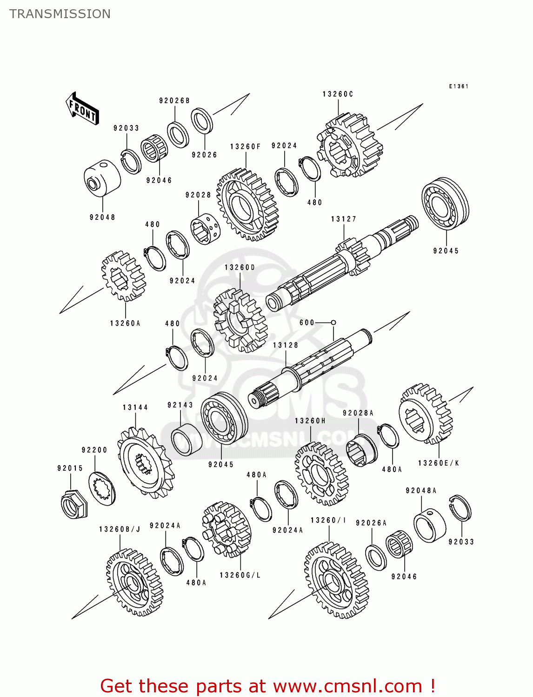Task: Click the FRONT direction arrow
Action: pos(82,109)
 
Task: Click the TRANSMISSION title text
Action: pos(60,14)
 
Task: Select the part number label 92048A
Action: pos(421,490)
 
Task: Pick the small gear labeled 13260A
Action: pos(123,276)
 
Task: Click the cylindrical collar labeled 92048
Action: pos(102,178)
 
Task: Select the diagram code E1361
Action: pos(459,86)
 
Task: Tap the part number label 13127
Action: pos(344,219)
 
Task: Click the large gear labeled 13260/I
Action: pos(336,581)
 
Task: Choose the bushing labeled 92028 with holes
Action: pos(205,228)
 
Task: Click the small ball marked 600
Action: pos(333,322)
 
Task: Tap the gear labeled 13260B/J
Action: pos(134,582)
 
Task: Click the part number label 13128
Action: pos(286,345)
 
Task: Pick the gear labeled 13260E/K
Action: pos(425,414)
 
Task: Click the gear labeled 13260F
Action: pos(247,205)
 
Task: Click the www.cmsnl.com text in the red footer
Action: pos(347,686)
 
